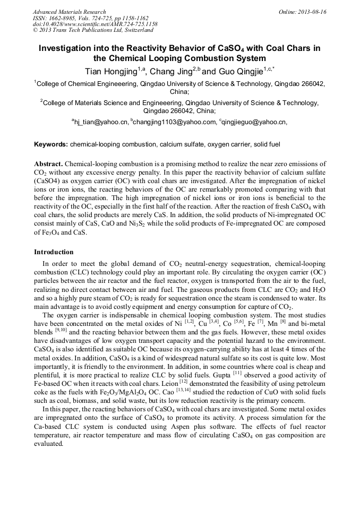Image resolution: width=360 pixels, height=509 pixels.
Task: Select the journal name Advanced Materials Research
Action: click(69, 12)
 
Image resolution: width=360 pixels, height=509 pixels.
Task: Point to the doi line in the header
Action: click(95, 24)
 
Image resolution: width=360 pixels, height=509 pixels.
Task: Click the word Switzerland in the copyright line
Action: click(135, 30)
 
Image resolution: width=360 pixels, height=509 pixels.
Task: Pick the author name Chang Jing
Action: click(172, 71)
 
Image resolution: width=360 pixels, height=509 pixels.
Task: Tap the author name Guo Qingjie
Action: click(239, 71)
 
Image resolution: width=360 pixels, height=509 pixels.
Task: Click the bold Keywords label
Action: click(50, 144)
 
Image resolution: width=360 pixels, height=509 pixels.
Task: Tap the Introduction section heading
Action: click(54, 252)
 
